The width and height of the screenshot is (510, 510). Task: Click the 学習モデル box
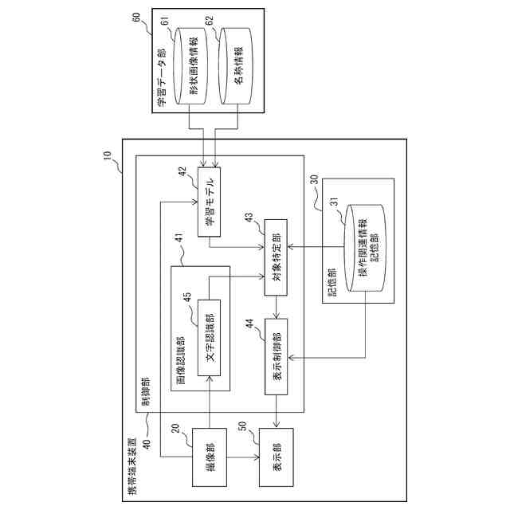pos(209,202)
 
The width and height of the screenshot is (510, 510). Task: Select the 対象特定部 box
pos(276,257)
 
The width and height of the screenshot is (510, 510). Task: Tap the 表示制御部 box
pos(277,356)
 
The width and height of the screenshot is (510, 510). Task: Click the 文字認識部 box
pos(209,338)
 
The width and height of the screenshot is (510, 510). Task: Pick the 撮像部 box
pos(210,457)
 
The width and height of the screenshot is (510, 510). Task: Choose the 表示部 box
pos(277,457)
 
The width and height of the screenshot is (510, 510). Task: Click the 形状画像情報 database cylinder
pos(190,66)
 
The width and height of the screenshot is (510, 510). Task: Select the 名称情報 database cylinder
pos(236,66)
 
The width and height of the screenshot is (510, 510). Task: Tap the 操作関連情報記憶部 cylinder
pos(366,248)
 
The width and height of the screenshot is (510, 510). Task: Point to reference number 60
pos(135,17)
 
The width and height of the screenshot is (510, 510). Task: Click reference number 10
pos(107,155)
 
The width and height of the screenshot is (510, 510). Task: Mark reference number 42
pos(182,171)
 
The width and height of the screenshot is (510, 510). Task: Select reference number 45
pos(187,297)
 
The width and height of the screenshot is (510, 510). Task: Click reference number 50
pos(242,426)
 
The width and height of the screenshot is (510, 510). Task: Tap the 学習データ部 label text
pos(160,77)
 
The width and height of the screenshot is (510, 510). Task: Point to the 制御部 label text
pos(145,391)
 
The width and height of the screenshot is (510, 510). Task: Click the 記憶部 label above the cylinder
pos(331,282)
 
